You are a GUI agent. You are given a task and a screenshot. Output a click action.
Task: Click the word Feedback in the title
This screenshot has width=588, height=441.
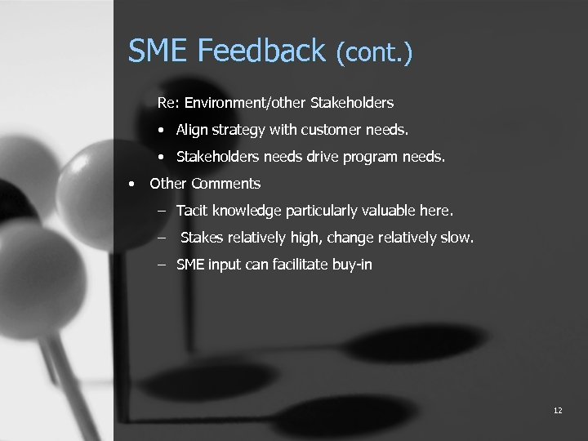pos(262,51)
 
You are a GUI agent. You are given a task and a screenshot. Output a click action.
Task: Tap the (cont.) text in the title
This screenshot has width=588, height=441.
pos(374,54)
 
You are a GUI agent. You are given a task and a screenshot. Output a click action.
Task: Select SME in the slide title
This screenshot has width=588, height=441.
pos(158,51)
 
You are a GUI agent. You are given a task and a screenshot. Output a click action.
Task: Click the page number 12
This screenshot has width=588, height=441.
pos(557,410)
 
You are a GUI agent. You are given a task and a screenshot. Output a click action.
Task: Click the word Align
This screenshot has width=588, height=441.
pos(192,130)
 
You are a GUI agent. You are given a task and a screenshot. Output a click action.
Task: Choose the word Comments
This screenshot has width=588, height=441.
pos(226,184)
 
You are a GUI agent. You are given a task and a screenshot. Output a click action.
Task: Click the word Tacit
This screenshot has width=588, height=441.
pos(192,211)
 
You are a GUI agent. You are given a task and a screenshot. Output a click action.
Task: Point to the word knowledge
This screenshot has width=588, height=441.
pos(245,211)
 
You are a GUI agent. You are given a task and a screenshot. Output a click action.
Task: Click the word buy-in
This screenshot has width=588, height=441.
pos(351,265)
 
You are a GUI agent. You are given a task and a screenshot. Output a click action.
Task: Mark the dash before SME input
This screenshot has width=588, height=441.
pos(162,265)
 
